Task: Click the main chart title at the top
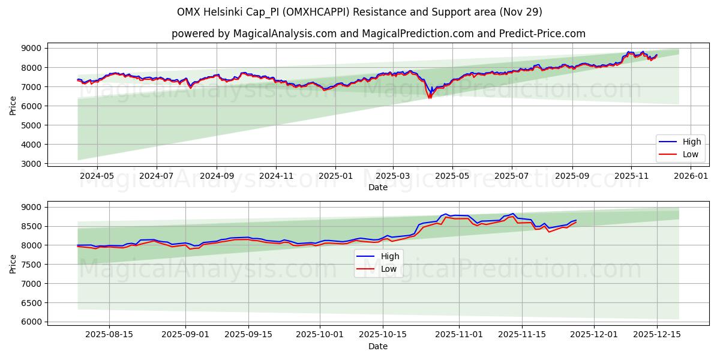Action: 359,12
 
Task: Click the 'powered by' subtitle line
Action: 378,34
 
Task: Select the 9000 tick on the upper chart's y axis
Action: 31,49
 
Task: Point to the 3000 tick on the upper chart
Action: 31,164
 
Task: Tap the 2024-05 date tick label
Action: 97,176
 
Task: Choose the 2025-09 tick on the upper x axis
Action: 572,176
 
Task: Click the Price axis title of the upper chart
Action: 13,105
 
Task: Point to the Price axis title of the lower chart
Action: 13,264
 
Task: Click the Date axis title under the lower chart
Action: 378,346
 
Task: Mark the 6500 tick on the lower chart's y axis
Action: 31,303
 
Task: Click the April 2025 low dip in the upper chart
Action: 430,97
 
